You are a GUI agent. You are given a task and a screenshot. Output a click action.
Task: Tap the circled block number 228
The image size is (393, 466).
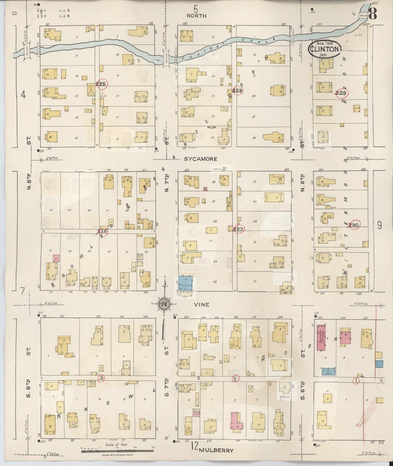(237, 91)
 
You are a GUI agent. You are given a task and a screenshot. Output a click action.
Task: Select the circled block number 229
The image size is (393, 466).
(341, 93)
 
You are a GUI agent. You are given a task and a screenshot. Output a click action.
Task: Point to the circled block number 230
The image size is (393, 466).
(355, 225)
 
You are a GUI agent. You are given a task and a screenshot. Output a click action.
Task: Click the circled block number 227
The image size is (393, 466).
(238, 229)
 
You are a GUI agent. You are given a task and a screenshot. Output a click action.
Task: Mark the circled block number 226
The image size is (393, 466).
(102, 232)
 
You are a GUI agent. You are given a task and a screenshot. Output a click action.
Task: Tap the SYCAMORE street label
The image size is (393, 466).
(201, 159)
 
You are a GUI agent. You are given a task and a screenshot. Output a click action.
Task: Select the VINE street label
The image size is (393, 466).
(202, 305)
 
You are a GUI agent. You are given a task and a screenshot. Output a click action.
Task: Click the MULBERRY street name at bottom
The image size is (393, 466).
(216, 451)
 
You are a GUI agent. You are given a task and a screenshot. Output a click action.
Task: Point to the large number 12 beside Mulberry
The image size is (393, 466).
(194, 446)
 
